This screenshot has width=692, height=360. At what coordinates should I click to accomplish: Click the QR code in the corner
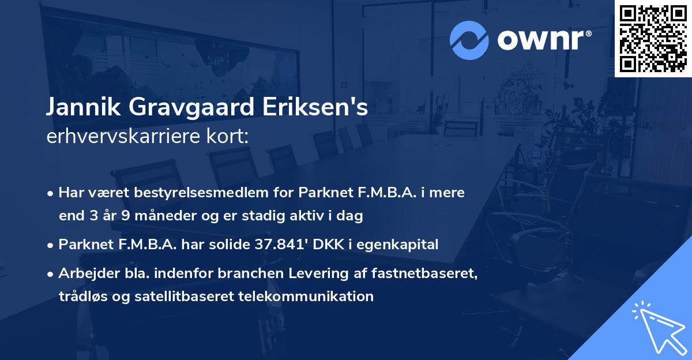[x=653, y=38]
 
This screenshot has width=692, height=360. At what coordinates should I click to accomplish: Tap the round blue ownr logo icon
[x=468, y=40]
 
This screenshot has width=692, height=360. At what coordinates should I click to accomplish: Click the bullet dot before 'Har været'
[x=51, y=193]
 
